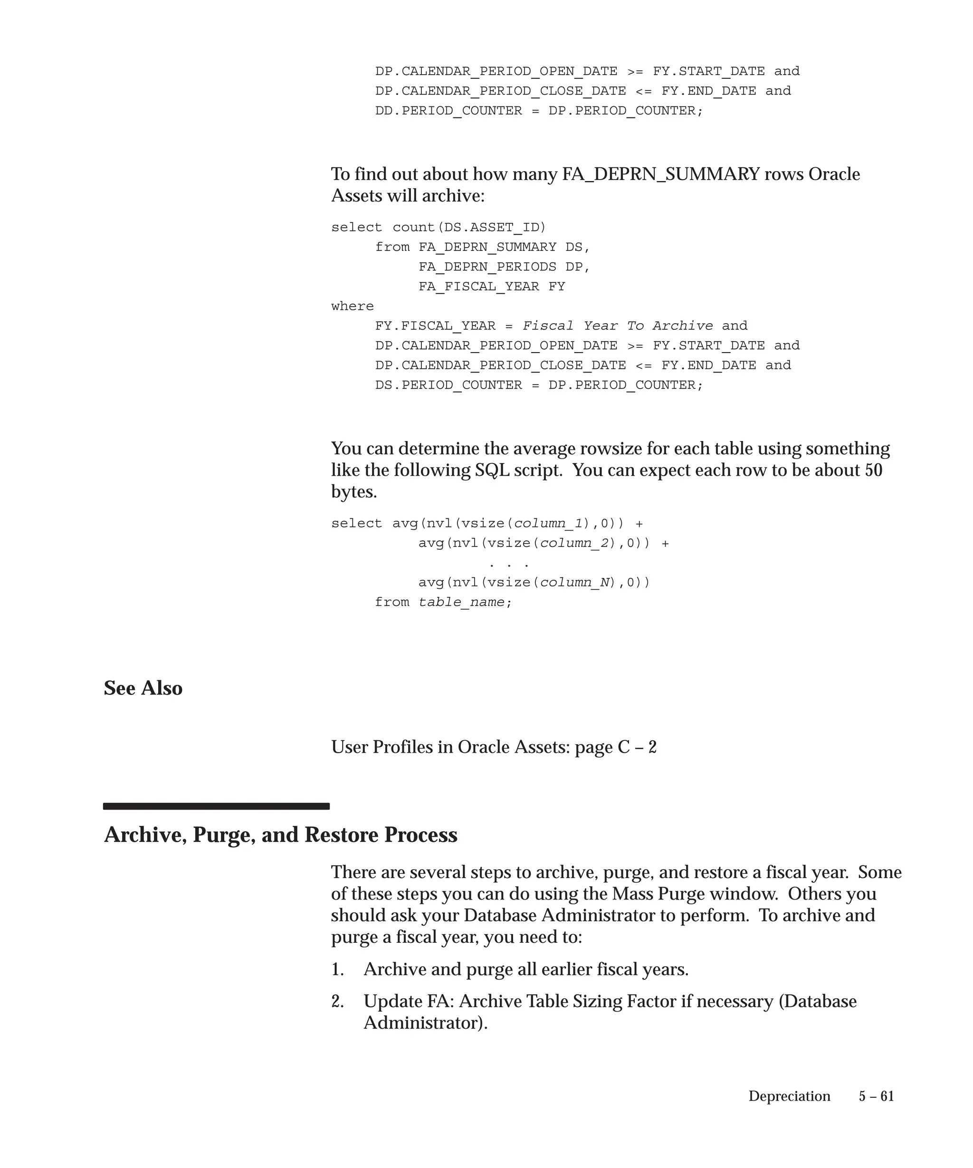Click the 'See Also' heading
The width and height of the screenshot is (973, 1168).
pyautogui.click(x=143, y=688)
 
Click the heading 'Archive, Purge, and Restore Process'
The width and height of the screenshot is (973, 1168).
pyautogui.click(x=280, y=835)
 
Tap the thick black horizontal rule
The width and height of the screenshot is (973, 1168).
pyautogui.click(x=216, y=806)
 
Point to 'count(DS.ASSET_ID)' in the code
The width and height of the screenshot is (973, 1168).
pyautogui.click(x=469, y=228)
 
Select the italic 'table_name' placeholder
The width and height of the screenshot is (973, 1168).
pyautogui.click(x=461, y=603)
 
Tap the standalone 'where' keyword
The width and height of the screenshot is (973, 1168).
pyautogui.click(x=353, y=306)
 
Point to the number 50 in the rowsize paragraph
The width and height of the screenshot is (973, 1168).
pyautogui.click(x=874, y=470)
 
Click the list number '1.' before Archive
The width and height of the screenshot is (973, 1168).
pyautogui.click(x=337, y=969)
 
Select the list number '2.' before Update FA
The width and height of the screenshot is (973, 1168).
pyautogui.click(x=337, y=1002)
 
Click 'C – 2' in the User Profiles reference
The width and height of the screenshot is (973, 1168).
pyautogui.click(x=637, y=747)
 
